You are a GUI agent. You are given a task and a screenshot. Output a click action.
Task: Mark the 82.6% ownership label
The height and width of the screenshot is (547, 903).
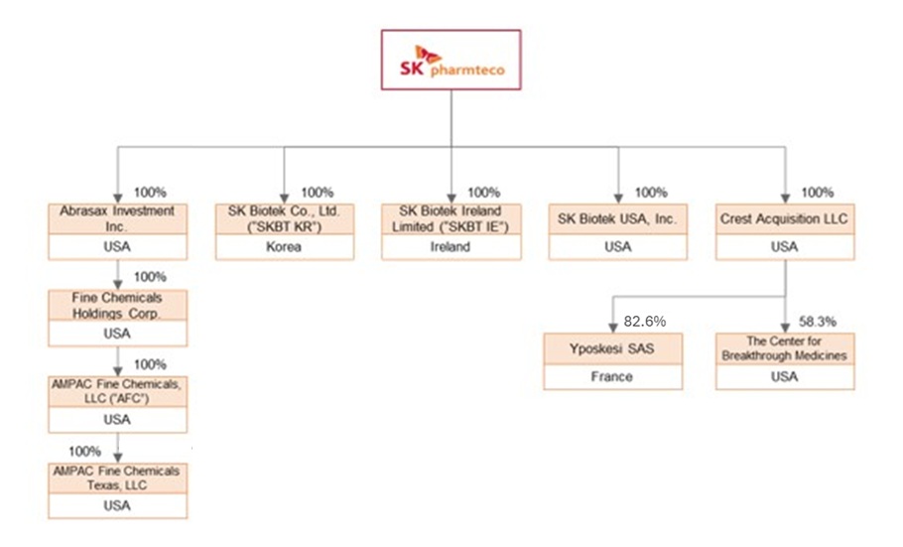(x=645, y=322)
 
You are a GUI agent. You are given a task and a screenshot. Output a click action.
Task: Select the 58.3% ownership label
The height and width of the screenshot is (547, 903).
(x=818, y=322)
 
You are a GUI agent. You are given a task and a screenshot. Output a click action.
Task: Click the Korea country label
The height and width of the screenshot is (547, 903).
(x=284, y=247)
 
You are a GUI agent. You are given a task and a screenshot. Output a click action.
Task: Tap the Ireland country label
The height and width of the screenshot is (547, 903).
(x=451, y=247)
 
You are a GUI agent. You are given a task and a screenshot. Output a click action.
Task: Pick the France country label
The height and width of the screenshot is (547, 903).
(x=613, y=377)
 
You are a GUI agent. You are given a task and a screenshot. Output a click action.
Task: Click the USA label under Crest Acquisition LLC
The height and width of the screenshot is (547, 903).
(x=785, y=247)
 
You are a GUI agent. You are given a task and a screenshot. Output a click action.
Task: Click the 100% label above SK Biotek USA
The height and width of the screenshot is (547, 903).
(x=651, y=193)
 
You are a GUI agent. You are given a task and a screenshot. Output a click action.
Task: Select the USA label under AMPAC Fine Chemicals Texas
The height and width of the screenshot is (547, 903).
(x=117, y=505)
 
